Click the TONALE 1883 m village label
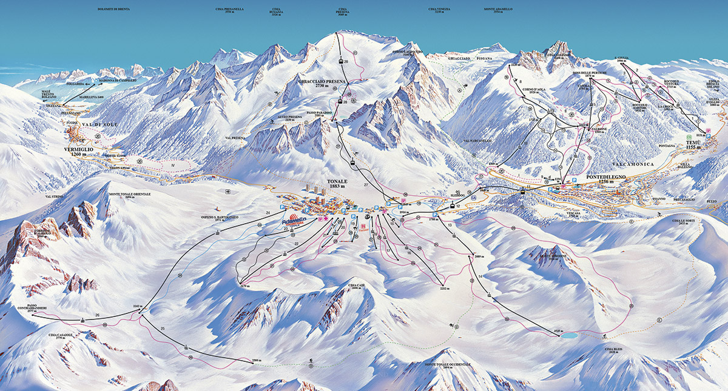[x=338, y=184]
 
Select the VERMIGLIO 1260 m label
[x=79, y=151]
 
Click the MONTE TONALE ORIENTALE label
[x=129, y=195]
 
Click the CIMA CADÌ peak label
[x=357, y=286]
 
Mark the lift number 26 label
[x=96, y=315]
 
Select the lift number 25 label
[x=163, y=328]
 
